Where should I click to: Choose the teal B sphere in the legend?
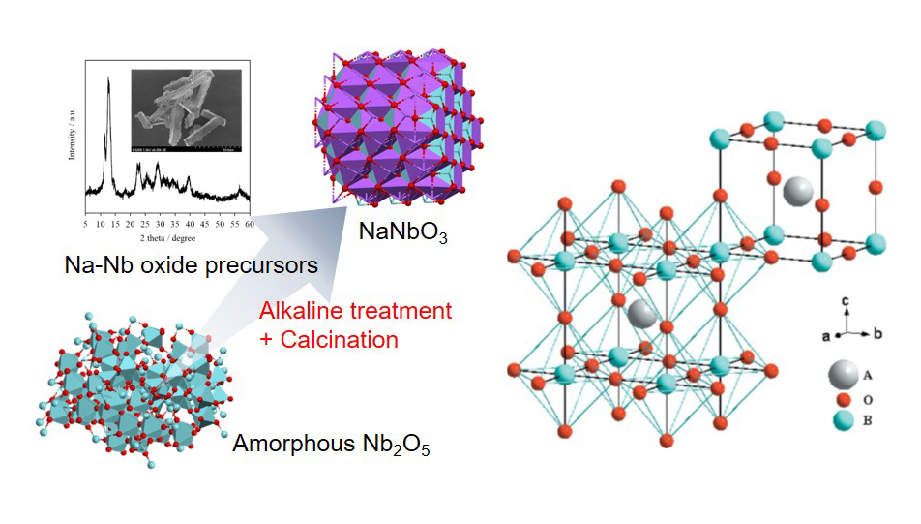pos(843,421)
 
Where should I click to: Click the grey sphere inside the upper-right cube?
pos(799,190)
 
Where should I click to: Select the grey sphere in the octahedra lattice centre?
pos(639,314)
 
